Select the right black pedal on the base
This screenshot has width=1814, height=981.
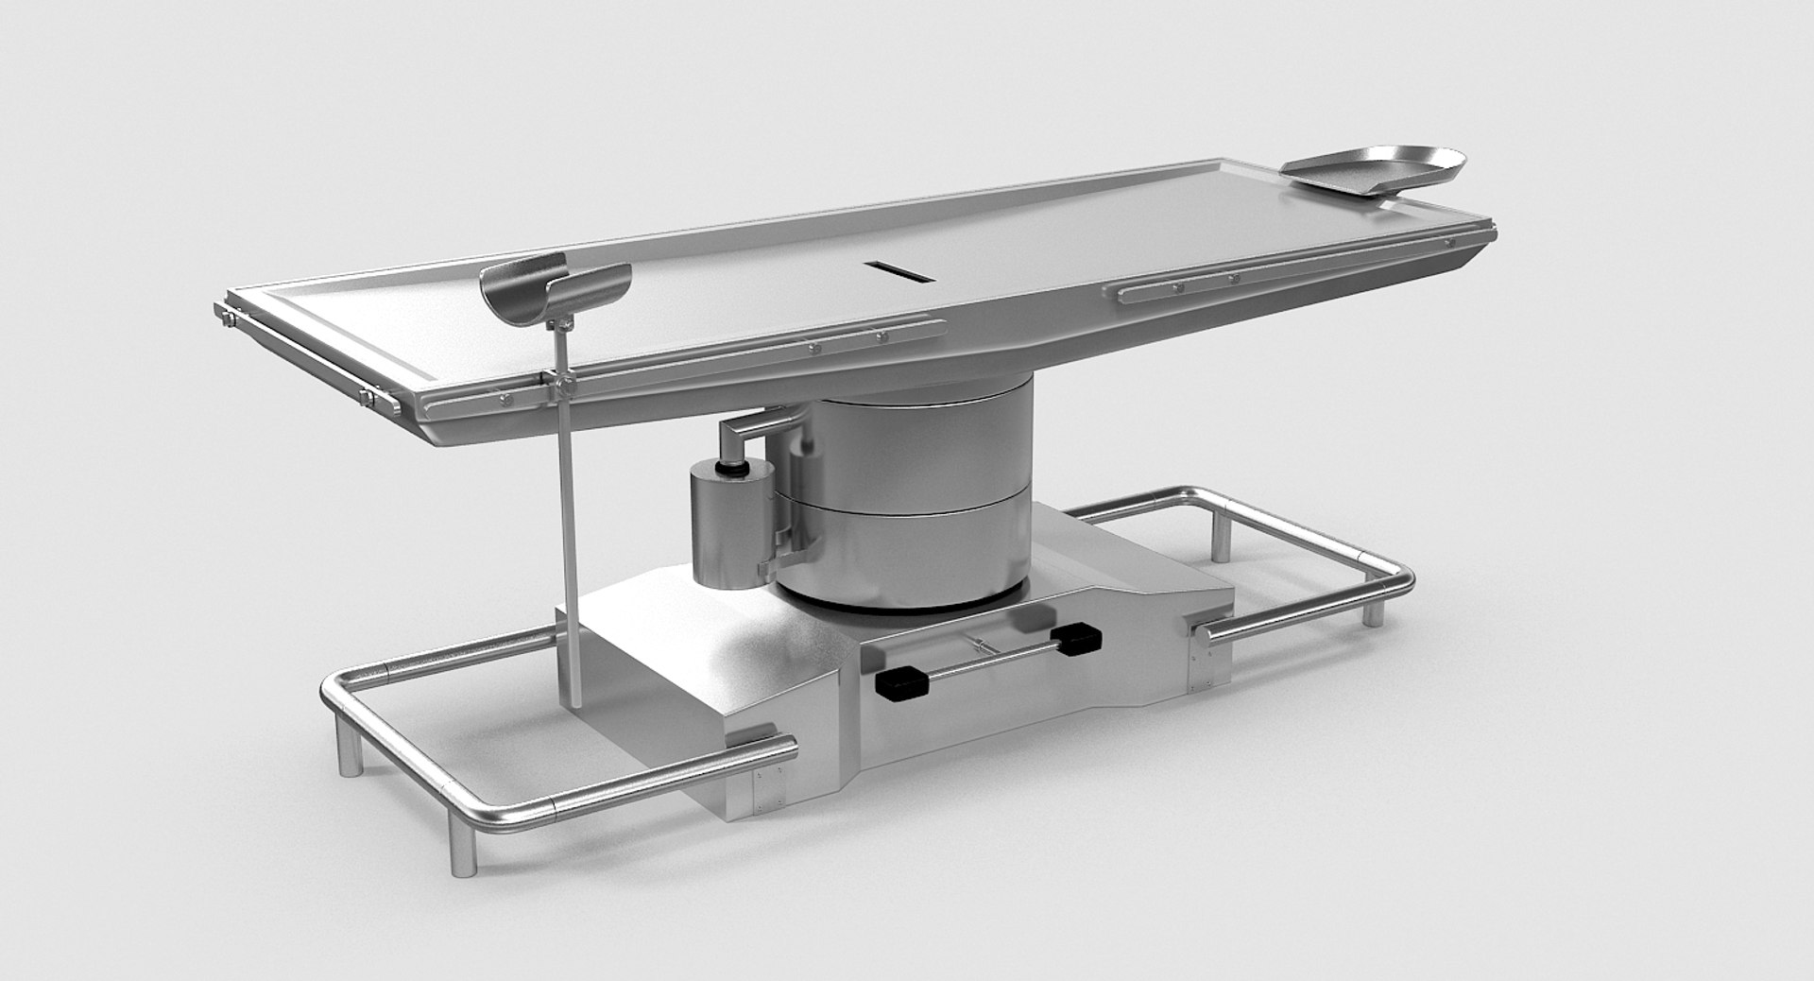(1076, 638)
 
